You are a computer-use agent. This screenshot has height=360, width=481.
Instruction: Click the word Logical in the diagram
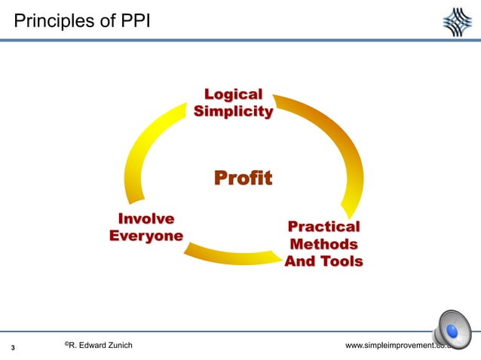click(x=233, y=95)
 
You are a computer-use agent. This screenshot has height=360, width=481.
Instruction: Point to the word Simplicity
click(x=233, y=112)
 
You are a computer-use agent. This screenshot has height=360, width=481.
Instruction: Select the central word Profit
click(x=243, y=178)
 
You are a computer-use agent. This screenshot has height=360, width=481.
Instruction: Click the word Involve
click(x=146, y=219)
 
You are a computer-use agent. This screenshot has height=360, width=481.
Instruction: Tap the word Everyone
click(x=146, y=236)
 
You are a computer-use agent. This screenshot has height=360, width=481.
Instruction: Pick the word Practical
click(x=323, y=227)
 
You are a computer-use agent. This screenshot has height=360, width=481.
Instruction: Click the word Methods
click(x=323, y=244)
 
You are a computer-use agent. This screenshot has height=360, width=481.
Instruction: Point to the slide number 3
click(x=14, y=347)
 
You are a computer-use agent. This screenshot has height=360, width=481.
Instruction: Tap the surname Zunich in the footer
click(x=116, y=345)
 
